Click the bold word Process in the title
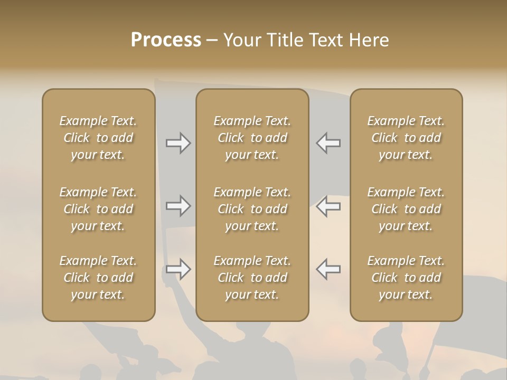pyautogui.click(x=166, y=40)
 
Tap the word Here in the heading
pyautogui.click(x=369, y=40)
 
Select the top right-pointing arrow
pyautogui.click(x=178, y=143)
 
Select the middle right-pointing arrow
pyautogui.click(x=178, y=206)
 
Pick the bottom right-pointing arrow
pyautogui.click(x=178, y=269)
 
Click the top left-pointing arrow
pyautogui.click(x=328, y=143)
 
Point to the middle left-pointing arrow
pyautogui.click(x=328, y=206)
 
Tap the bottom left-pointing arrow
pyautogui.click(x=328, y=269)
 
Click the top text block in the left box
pyautogui.click(x=98, y=138)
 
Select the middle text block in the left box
pyautogui.click(x=98, y=209)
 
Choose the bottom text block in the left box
pyautogui.click(x=98, y=278)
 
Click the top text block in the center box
pyautogui.click(x=252, y=138)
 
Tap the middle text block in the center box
pyautogui.click(x=252, y=209)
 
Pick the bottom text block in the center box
pyautogui.click(x=252, y=278)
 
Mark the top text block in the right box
pyautogui.click(x=406, y=138)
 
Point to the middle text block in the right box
pyautogui.click(x=406, y=209)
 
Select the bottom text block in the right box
pyautogui.click(x=406, y=278)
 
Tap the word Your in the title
pyautogui.click(x=240, y=40)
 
